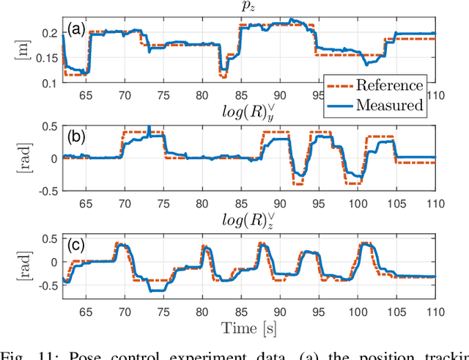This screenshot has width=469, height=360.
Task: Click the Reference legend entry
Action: pos(389,85)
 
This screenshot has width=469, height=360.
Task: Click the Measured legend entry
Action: pos(389,105)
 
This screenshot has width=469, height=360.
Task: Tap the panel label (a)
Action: pos(76,29)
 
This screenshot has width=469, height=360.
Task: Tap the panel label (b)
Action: pos(76,136)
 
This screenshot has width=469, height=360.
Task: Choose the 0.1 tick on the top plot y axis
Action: pos(50,84)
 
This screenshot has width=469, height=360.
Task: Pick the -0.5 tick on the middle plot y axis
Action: pos(45,191)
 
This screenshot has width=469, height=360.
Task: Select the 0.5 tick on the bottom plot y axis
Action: pos(50,238)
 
